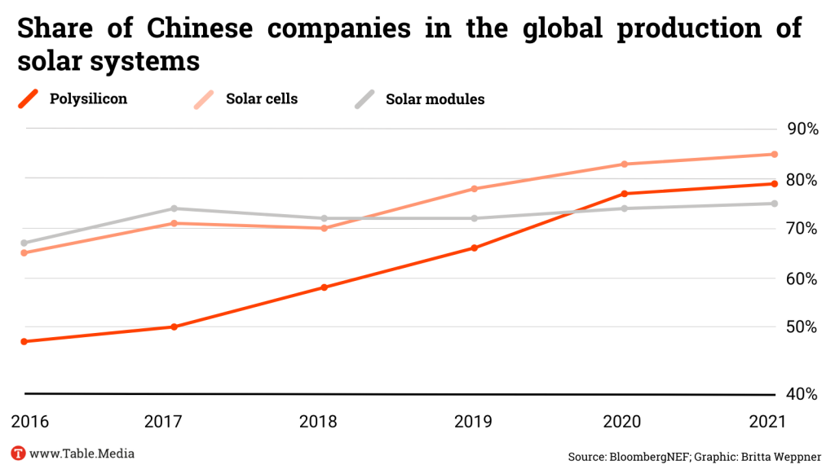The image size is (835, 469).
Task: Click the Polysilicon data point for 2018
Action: click(324, 287)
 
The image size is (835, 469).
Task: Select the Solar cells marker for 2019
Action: click(474, 189)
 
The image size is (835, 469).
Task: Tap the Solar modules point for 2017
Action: click(174, 208)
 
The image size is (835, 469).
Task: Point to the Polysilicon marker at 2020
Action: click(624, 194)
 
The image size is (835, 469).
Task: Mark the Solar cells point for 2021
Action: click(774, 154)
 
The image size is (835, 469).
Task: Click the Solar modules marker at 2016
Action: click(24, 243)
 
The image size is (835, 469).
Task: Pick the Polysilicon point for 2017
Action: click(174, 327)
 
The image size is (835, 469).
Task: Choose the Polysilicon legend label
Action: click(88, 99)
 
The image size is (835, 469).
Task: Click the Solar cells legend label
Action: click(262, 99)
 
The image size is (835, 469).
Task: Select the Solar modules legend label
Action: click(435, 99)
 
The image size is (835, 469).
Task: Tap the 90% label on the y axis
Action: click(802, 129)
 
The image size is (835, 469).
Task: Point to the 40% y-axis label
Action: click(802, 394)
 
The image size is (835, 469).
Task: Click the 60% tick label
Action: click(802, 278)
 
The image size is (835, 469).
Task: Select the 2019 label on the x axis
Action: click(472, 422)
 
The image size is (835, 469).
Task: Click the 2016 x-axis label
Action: click(30, 422)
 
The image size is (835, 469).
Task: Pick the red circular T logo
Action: click(18, 454)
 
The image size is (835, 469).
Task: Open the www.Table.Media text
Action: click(82, 454)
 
